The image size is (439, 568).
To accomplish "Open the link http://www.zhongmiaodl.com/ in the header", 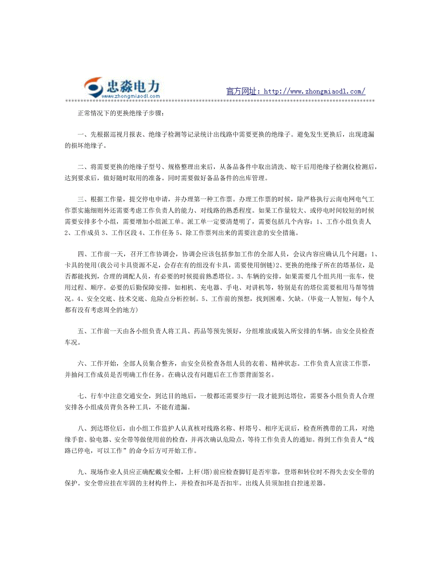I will [314, 91].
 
